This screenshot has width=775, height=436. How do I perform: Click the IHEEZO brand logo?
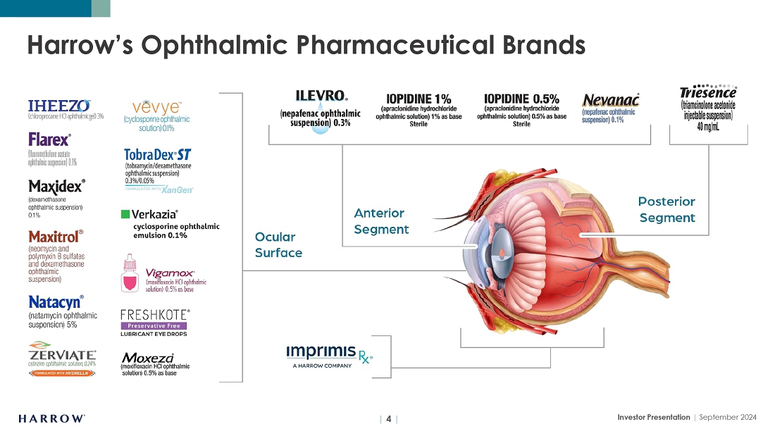point(58,106)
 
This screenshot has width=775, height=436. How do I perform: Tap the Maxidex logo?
point(57,187)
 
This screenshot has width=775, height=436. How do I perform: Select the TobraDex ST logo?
point(158,154)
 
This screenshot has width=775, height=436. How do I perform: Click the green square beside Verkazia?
point(125,213)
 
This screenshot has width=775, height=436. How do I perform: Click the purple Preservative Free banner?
point(154,325)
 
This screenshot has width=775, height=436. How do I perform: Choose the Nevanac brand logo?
point(611,101)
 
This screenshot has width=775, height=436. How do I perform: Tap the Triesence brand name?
point(708,93)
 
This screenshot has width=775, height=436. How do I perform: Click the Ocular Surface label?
point(278,244)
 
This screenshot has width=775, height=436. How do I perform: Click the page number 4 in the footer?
point(388,418)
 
